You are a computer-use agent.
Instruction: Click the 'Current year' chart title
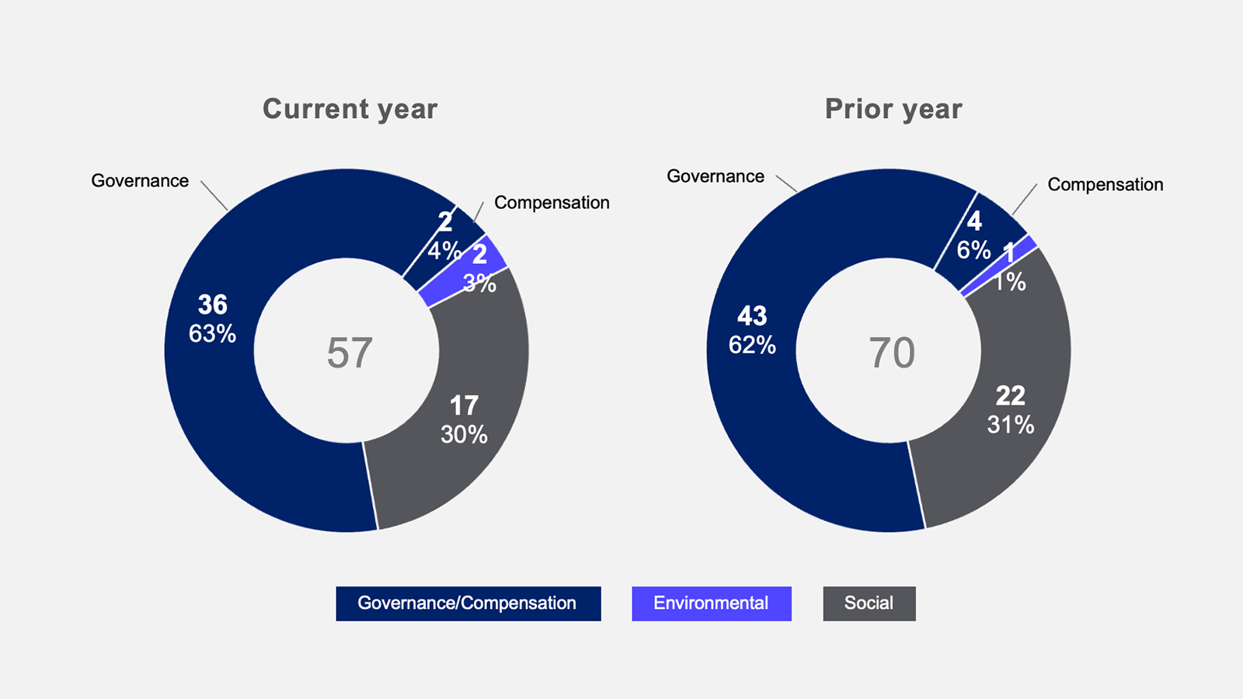(350, 110)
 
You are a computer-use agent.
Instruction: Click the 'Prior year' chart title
(893, 110)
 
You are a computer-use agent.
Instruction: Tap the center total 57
(349, 353)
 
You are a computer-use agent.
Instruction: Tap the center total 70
(892, 353)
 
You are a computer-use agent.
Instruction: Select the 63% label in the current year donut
(213, 334)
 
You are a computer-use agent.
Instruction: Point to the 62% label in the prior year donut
(753, 345)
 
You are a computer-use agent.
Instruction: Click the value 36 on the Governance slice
(213, 304)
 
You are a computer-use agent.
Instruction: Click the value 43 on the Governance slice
(753, 316)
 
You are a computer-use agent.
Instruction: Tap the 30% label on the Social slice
(465, 434)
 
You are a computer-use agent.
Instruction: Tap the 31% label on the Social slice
(1011, 425)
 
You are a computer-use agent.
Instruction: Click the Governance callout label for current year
(140, 181)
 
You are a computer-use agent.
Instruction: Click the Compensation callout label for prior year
(1105, 185)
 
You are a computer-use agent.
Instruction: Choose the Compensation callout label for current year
(552, 203)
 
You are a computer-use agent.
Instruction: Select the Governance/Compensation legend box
(468, 603)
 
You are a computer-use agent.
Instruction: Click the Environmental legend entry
(712, 603)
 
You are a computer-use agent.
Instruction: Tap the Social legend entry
(869, 603)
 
